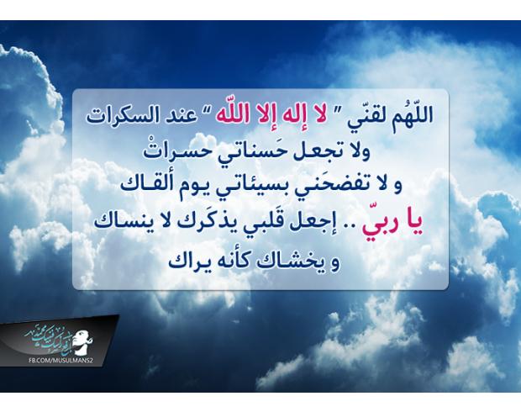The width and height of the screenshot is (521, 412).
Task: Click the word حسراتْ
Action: pos(177,152)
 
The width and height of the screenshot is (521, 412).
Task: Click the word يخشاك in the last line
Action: pos(283,261)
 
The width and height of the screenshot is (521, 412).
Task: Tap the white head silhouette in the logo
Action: pos(82,341)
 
